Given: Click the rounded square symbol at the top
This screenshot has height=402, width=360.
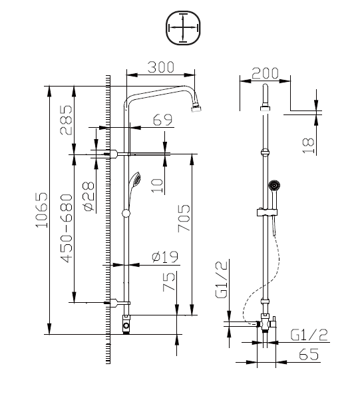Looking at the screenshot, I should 182,29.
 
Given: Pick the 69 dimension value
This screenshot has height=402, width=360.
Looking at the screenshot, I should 162,120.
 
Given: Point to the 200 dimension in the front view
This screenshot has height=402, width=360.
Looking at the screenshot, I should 266,73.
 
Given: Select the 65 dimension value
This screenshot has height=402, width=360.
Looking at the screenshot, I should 307,355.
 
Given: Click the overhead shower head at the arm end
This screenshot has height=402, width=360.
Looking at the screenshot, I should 198,106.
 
